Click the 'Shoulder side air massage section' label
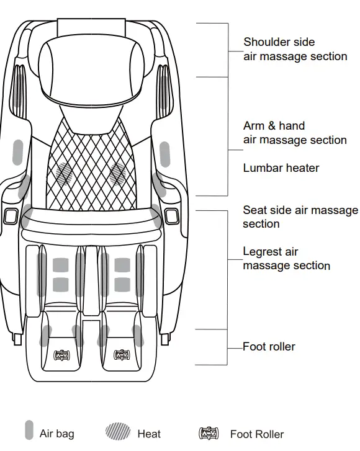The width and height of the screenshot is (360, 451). point(295,50)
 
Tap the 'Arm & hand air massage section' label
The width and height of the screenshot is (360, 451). point(295,133)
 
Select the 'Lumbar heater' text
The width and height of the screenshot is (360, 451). point(281,168)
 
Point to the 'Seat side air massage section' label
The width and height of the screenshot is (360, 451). point(300,217)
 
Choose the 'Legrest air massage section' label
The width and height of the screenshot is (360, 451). point(286,259)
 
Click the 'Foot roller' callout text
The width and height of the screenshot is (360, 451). point(269,346)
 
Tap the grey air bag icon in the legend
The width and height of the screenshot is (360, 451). point(29,431)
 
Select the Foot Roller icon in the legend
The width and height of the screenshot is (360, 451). point(208,433)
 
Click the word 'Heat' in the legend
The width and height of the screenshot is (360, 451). point(149,434)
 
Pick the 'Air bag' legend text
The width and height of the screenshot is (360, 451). point(56,434)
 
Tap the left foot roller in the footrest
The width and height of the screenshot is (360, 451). point(62,355)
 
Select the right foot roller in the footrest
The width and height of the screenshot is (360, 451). point(119,355)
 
